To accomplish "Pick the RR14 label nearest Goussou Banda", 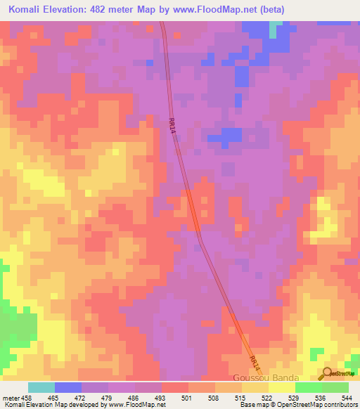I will click(255, 363).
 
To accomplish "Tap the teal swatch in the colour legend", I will click(41, 387).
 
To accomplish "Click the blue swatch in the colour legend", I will click(68, 387).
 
